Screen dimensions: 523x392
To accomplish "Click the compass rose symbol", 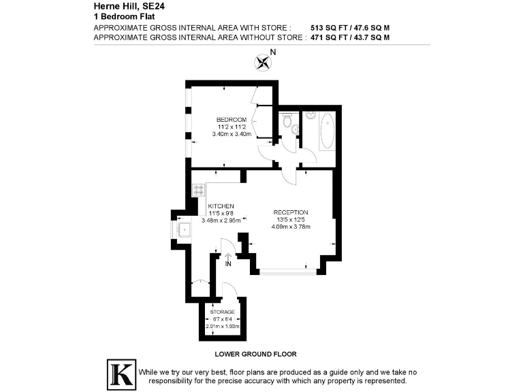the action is tap(263, 63).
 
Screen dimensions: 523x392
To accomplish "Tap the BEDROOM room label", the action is tap(232, 120).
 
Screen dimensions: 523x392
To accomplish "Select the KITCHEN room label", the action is tap(221, 206).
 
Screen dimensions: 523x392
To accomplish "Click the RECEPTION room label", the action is tap(291, 212).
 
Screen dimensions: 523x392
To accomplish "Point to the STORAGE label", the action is tap(222, 312).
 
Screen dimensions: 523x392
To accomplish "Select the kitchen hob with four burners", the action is tap(199, 191).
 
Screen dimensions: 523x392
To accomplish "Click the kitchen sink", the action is tap(184, 229).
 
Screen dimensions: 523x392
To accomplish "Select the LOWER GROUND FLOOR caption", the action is tap(255, 354).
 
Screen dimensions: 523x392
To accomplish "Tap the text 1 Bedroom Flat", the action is tap(118, 16).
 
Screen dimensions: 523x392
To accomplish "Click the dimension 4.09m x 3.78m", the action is tap(291, 227).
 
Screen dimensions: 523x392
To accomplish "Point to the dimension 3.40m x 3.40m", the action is tap(232, 134).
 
